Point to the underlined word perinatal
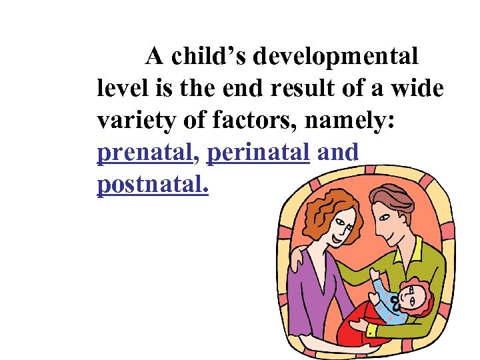point(259,153)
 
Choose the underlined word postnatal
point(153,185)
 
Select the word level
point(120,89)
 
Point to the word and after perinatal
point(339,153)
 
